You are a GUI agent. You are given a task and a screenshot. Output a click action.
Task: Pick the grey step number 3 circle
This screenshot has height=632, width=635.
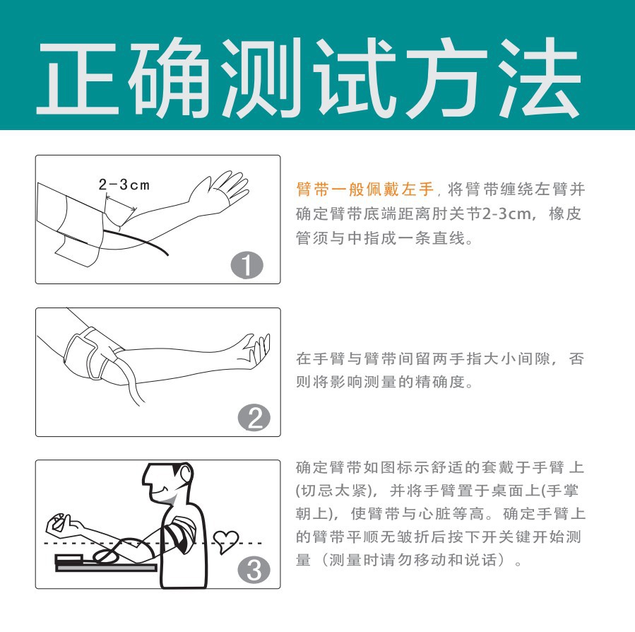(255, 570)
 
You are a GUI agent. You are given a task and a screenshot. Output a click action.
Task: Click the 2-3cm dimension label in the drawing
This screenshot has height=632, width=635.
(124, 185)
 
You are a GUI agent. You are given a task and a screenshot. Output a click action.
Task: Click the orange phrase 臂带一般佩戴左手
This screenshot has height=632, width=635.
(365, 191)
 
